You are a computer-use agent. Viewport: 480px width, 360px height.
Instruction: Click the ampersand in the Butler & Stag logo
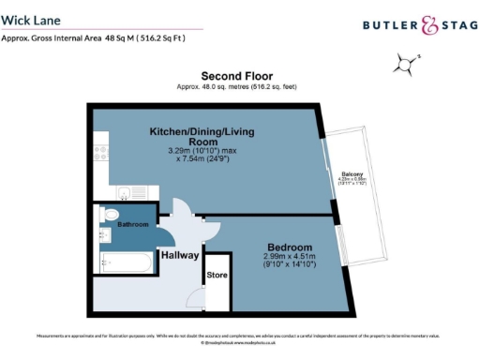point(428,26)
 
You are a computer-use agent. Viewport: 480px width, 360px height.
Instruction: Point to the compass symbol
point(406,65)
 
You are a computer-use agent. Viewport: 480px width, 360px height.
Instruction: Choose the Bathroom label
point(132,225)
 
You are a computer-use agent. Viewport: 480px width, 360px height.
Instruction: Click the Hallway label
point(179,254)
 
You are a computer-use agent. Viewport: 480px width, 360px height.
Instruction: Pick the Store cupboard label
point(217,276)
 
